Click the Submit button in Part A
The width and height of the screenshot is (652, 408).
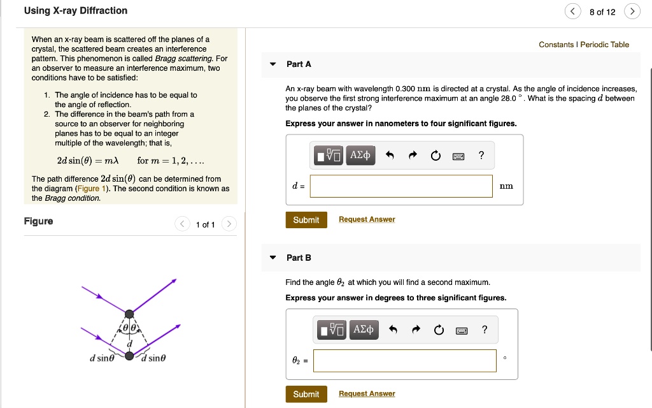(x=306, y=220)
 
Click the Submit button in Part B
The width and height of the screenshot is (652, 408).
(x=306, y=394)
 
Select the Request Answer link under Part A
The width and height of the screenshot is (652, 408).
(x=367, y=219)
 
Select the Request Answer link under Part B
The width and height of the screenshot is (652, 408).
(x=367, y=394)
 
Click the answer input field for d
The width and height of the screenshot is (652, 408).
(x=401, y=186)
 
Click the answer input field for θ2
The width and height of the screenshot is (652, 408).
(x=404, y=361)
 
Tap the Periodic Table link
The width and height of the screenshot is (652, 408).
(x=604, y=45)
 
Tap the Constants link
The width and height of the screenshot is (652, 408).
(x=556, y=45)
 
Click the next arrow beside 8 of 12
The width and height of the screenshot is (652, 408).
(x=632, y=11)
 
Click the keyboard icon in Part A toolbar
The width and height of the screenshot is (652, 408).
(x=458, y=156)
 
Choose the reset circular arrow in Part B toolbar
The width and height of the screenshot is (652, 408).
(x=438, y=330)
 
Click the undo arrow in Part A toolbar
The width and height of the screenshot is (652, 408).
(x=391, y=156)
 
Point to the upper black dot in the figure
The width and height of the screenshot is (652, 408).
(x=129, y=314)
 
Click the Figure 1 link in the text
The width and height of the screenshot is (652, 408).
(x=89, y=189)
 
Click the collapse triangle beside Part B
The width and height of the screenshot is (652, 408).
(x=273, y=258)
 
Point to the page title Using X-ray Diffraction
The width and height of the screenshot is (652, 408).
(x=76, y=11)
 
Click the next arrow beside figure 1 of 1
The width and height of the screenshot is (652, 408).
(x=229, y=224)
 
